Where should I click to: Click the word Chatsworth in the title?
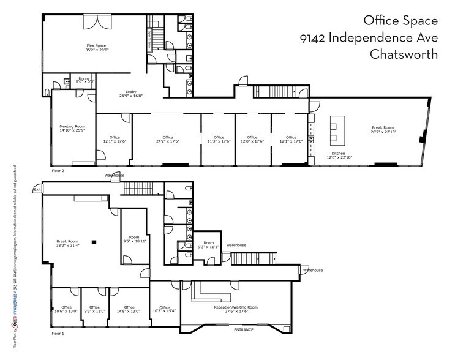point(404,54)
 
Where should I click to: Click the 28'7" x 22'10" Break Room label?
point(383,130)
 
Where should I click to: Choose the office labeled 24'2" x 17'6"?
point(167,140)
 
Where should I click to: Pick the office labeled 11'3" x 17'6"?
point(219,140)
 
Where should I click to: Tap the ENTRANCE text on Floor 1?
point(243,330)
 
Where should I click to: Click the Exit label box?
point(38,190)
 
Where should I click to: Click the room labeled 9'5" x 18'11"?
point(134,239)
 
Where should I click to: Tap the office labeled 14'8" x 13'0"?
point(129,309)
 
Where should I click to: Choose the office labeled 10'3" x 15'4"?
point(164,309)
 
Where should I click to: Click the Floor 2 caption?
point(58,171)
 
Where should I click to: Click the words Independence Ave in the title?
point(384,38)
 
